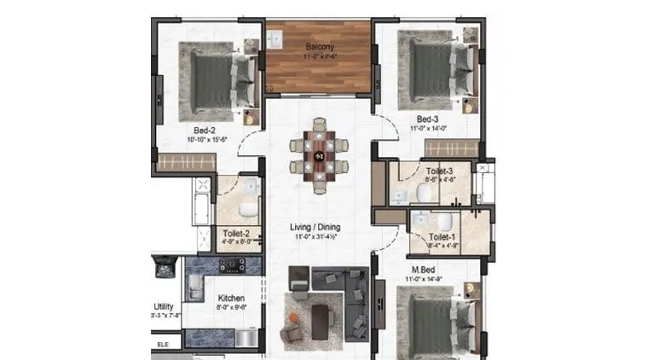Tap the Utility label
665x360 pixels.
point(164,305)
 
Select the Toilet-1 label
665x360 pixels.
point(441,237)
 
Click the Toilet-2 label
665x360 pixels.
point(235,233)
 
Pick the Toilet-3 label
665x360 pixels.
point(440,171)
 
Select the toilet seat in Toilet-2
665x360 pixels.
point(246,209)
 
